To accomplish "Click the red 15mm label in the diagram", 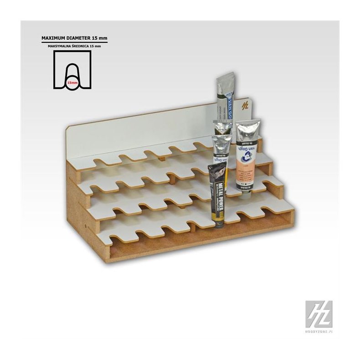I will (x=71, y=83).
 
